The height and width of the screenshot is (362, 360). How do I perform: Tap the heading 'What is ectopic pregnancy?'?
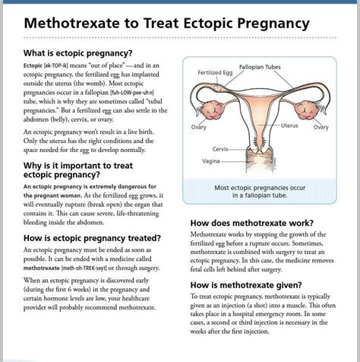(x=77, y=53)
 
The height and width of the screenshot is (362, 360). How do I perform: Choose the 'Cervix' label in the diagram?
(x=221, y=148)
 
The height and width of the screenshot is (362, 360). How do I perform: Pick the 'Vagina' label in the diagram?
(x=211, y=161)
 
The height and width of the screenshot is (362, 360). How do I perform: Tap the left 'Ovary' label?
(x=199, y=127)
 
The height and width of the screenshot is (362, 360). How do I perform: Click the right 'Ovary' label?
(x=321, y=127)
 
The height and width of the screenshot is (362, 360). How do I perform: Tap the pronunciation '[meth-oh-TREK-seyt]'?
(x=90, y=268)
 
